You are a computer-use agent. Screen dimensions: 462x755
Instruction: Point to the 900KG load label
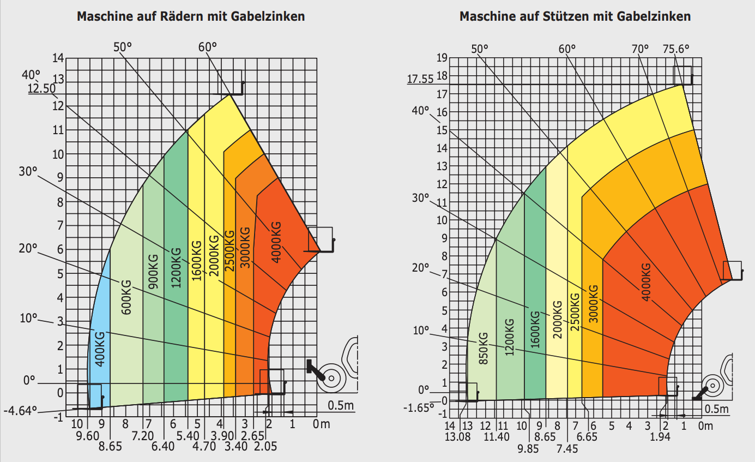click(x=153, y=272)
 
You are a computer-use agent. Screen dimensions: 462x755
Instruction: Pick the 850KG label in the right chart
click(x=483, y=349)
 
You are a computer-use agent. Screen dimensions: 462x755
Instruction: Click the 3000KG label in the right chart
click(x=593, y=304)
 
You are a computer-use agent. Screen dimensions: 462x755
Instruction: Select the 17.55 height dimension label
click(x=420, y=80)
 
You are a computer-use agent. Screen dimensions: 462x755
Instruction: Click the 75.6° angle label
click(x=675, y=48)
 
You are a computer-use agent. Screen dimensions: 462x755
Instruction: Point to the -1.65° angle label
click(x=418, y=407)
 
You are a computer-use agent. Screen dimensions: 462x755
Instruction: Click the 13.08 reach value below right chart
click(x=457, y=436)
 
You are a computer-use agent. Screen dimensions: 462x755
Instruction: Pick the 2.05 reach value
click(x=265, y=447)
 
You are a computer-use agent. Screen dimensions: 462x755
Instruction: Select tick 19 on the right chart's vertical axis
click(x=442, y=57)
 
